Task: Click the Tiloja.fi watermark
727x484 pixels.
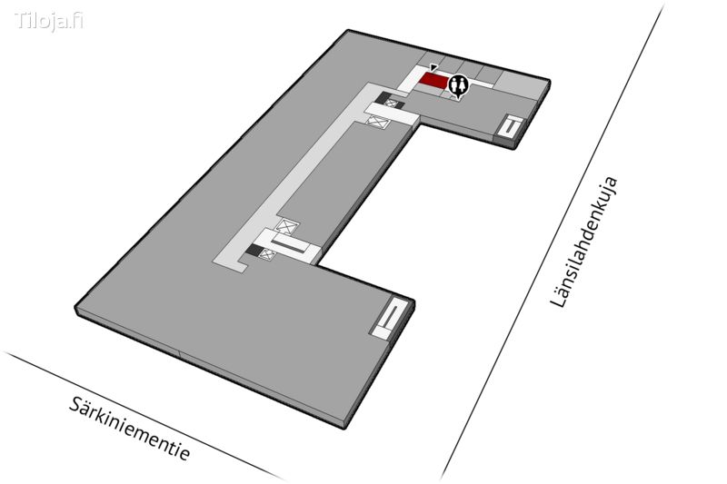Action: click(x=49, y=20)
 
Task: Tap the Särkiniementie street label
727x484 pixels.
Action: click(x=130, y=428)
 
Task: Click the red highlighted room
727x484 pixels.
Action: click(x=433, y=82)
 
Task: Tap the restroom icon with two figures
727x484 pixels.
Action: click(x=459, y=84)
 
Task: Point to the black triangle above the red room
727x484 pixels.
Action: click(x=434, y=67)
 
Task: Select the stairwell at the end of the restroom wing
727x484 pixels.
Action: click(x=511, y=127)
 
